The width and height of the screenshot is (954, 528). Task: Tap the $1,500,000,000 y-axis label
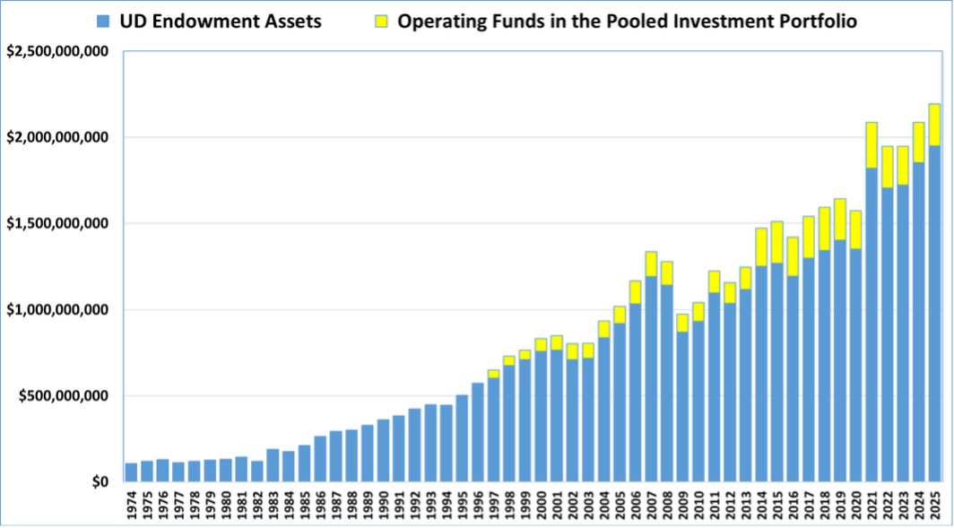[x=58, y=223]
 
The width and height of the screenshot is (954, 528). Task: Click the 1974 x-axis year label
[x=132, y=504]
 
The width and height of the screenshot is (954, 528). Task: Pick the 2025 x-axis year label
[x=933, y=504]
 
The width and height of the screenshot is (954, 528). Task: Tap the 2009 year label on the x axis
[x=682, y=504]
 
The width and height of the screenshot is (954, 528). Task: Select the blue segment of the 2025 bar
[x=933, y=314]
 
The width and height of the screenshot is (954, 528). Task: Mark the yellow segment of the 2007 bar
[x=651, y=264]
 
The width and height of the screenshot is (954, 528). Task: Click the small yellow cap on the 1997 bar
[x=493, y=374]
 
